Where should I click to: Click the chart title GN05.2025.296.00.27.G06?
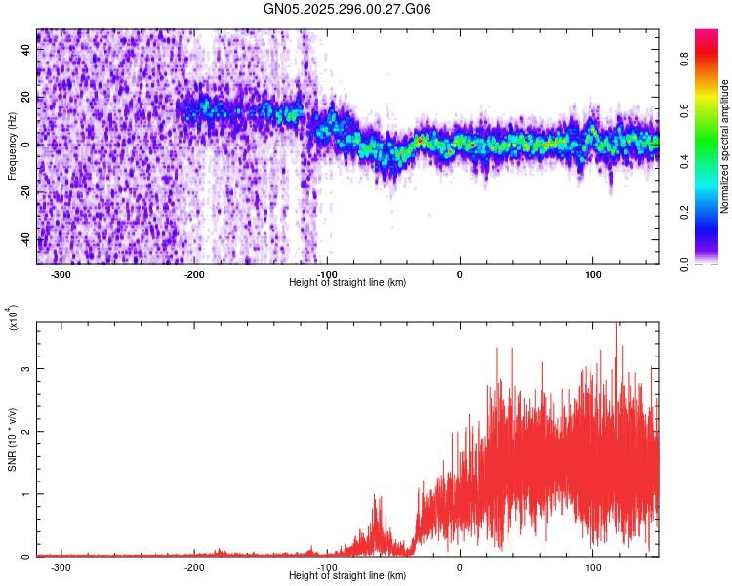(x=347, y=9)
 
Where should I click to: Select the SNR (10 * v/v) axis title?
(x=12, y=439)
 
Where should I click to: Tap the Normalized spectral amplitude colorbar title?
(x=725, y=146)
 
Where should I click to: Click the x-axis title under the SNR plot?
(x=347, y=576)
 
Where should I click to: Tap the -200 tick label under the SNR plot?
(x=193, y=567)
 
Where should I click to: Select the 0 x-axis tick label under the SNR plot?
(x=460, y=567)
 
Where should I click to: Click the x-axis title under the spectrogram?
(x=347, y=283)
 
